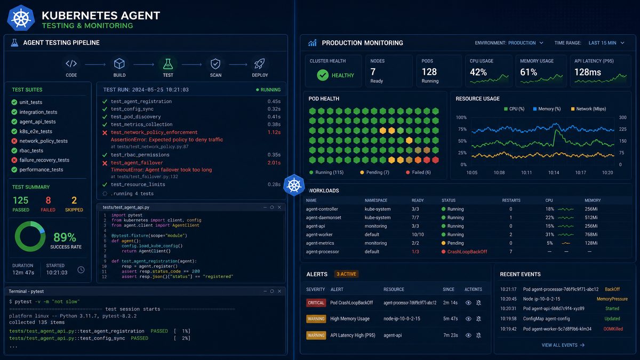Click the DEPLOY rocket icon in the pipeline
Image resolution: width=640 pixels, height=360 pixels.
(x=259, y=63)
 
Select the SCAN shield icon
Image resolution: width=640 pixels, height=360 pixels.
(x=215, y=63)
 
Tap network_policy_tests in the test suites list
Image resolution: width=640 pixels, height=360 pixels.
(x=43, y=141)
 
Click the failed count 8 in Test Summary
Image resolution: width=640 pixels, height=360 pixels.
(x=48, y=200)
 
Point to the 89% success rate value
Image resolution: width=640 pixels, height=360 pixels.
(x=65, y=237)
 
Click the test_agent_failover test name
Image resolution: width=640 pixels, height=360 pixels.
(x=137, y=163)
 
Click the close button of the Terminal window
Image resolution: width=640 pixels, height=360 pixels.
(x=279, y=291)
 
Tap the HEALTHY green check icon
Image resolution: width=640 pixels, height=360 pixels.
(x=323, y=75)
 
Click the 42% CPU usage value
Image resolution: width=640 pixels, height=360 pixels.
(x=478, y=72)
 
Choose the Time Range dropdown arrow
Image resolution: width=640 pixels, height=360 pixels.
(x=622, y=43)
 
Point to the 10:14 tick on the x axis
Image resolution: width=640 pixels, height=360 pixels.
(x=554, y=173)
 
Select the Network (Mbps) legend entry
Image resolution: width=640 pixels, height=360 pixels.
(x=588, y=109)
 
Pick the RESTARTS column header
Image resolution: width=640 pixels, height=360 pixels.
(x=511, y=201)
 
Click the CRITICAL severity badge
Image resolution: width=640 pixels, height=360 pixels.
(x=316, y=303)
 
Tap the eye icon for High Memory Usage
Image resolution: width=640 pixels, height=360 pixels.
(x=468, y=319)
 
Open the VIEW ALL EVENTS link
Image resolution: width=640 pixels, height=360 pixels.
(x=563, y=345)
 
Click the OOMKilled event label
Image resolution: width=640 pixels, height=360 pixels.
(x=613, y=329)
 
